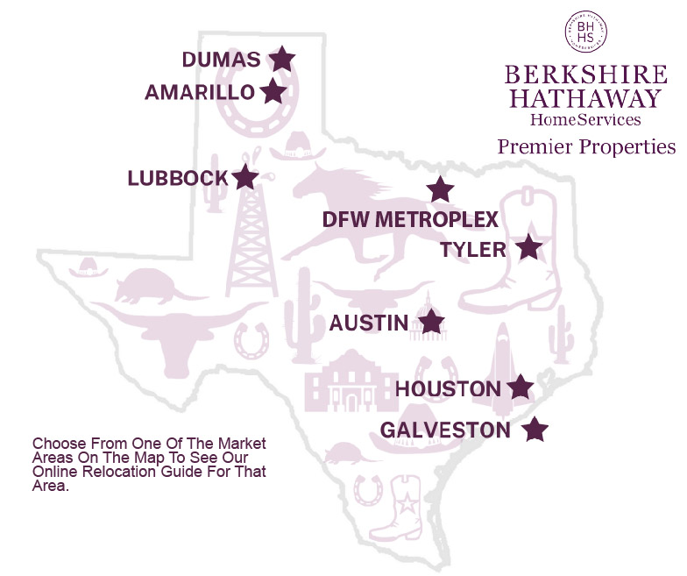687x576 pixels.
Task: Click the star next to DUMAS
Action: tap(281, 59)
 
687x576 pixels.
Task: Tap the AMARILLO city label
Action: tap(200, 92)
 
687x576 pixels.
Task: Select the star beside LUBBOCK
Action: tap(245, 177)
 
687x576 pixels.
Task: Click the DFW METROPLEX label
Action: tap(410, 219)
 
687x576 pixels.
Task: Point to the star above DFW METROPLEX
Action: tap(440, 188)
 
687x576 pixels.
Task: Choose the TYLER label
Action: tap(473, 250)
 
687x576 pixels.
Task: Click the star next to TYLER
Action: tap(528, 247)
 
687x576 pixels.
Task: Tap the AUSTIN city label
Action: tap(369, 324)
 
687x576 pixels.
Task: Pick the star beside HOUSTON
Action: tap(521, 386)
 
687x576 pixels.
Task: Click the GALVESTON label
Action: tap(445, 430)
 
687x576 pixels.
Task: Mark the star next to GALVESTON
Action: tap(535, 430)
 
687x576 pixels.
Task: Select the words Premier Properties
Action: tap(586, 146)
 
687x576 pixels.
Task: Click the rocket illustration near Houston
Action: tap(502, 364)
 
